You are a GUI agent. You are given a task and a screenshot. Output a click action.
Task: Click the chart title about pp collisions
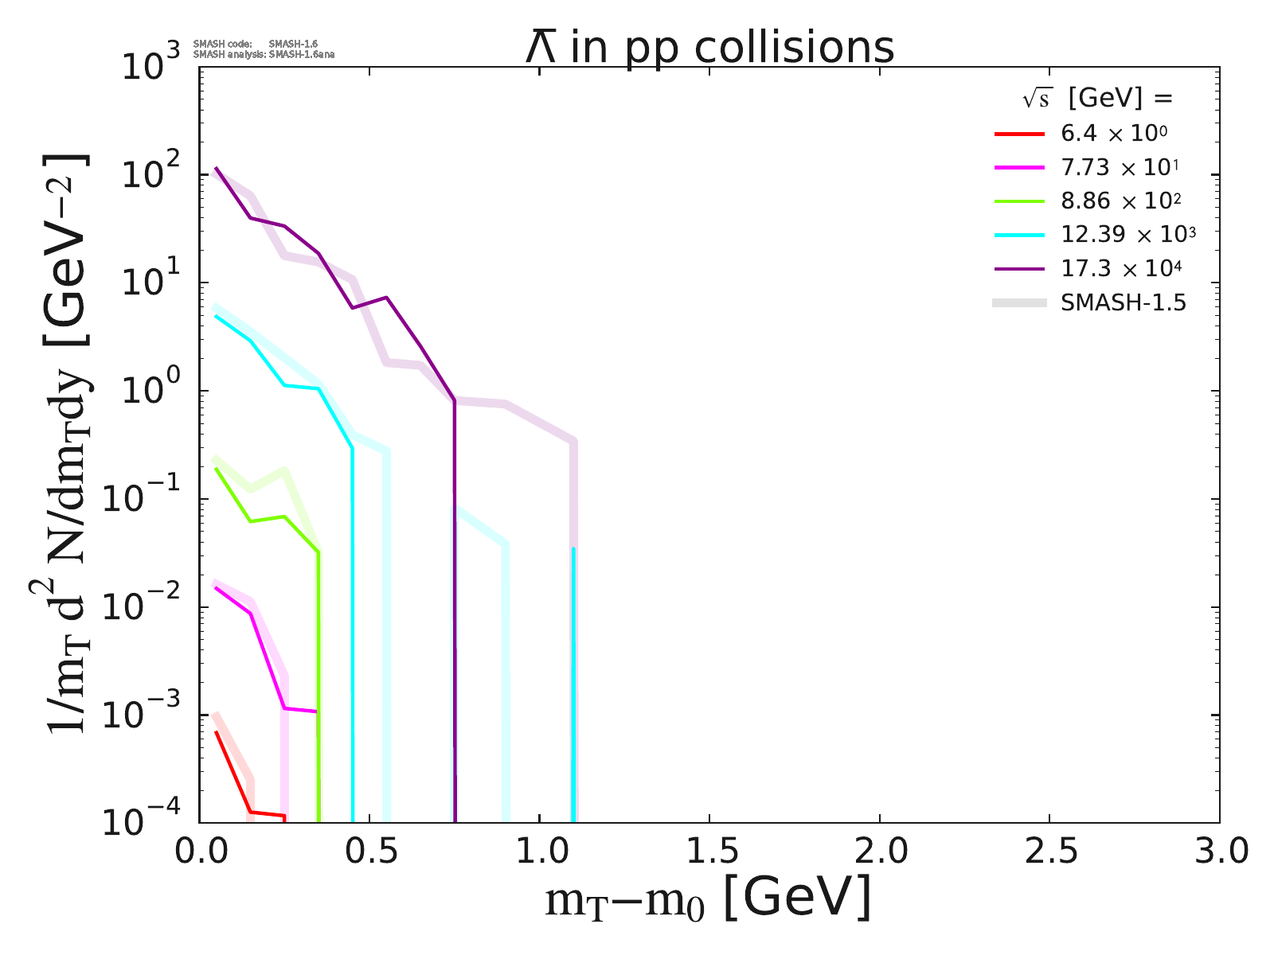(709, 49)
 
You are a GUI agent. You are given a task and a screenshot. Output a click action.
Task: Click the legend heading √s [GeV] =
(1098, 99)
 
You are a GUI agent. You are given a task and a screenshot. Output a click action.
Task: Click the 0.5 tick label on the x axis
(369, 852)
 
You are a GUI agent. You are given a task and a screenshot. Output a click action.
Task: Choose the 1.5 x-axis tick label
(709, 852)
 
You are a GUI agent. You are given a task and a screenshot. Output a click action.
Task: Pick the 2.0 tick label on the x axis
(879, 852)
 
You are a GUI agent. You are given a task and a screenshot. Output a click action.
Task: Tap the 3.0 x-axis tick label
(1218, 852)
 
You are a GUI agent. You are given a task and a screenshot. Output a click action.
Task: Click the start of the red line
(217, 731)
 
